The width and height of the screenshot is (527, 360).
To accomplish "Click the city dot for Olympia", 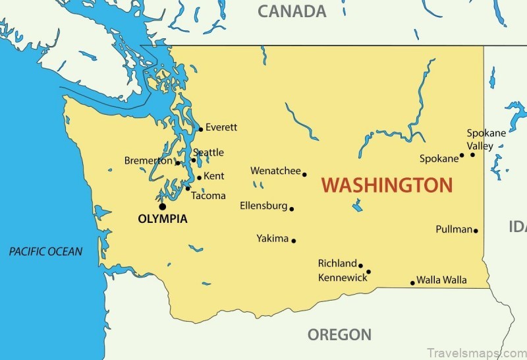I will [x=163, y=206].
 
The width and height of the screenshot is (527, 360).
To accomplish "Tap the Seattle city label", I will [x=208, y=152].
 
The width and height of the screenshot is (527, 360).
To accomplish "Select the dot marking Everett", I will [x=200, y=129].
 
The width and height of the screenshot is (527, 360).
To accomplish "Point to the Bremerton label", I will [x=149, y=161].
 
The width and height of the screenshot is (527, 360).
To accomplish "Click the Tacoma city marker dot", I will [x=187, y=188].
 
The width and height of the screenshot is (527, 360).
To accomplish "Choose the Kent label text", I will [x=214, y=176].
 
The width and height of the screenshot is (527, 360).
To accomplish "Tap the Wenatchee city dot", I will [x=304, y=174].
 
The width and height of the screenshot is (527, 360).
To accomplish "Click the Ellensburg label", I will [x=263, y=206].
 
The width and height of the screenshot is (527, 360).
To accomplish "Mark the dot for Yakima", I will [x=294, y=241].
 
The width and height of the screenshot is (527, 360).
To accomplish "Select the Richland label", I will [x=337, y=263].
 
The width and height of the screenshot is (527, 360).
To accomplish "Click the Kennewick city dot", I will [x=368, y=272].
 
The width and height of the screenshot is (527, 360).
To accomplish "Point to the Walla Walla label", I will [x=441, y=280].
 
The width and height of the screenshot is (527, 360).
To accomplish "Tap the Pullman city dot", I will [x=476, y=231].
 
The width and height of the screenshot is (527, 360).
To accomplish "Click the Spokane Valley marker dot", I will [x=472, y=154].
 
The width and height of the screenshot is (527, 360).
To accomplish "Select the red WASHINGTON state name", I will [x=387, y=185].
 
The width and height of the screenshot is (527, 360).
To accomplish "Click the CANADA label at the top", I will [x=292, y=11].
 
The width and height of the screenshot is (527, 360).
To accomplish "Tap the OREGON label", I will [x=339, y=334].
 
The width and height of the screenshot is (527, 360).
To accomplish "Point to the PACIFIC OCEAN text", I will [x=46, y=251].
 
